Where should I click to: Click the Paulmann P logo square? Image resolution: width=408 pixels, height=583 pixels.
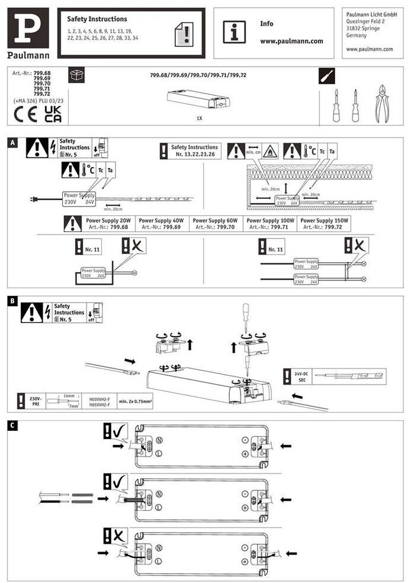tap(28, 28)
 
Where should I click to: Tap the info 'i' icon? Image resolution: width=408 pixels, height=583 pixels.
tap(234, 32)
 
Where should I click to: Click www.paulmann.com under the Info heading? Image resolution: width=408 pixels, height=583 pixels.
tap(291, 41)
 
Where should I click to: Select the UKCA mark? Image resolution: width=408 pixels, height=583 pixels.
tap(53, 114)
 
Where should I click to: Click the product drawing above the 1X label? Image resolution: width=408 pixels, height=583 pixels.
tap(198, 99)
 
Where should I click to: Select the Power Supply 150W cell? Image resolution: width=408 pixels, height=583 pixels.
tap(325, 223)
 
